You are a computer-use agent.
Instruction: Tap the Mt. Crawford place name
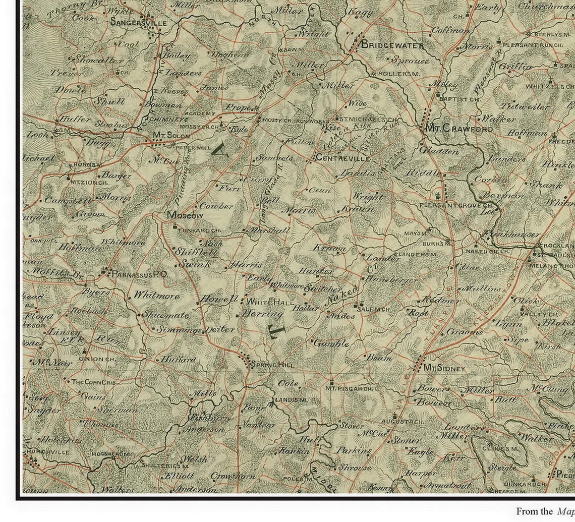tap(459, 129)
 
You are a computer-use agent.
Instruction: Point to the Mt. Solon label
tap(172, 136)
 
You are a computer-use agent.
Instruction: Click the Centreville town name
tap(343, 158)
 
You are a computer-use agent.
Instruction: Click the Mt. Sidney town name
tap(444, 369)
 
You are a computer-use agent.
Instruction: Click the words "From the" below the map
tap(534, 511)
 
